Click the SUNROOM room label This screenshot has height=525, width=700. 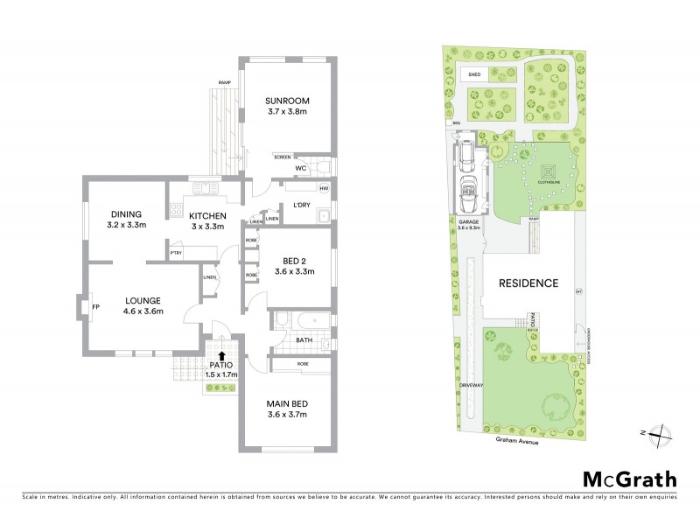point(289,101)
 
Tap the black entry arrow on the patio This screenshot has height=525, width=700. point(222,355)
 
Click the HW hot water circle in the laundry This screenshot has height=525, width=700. point(323,188)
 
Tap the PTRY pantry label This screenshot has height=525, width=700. point(176,255)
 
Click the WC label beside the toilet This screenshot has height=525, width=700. point(299,168)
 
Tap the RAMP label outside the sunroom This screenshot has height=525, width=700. point(224,83)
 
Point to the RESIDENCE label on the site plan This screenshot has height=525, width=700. point(528,283)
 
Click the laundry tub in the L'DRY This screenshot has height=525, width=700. point(322,215)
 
